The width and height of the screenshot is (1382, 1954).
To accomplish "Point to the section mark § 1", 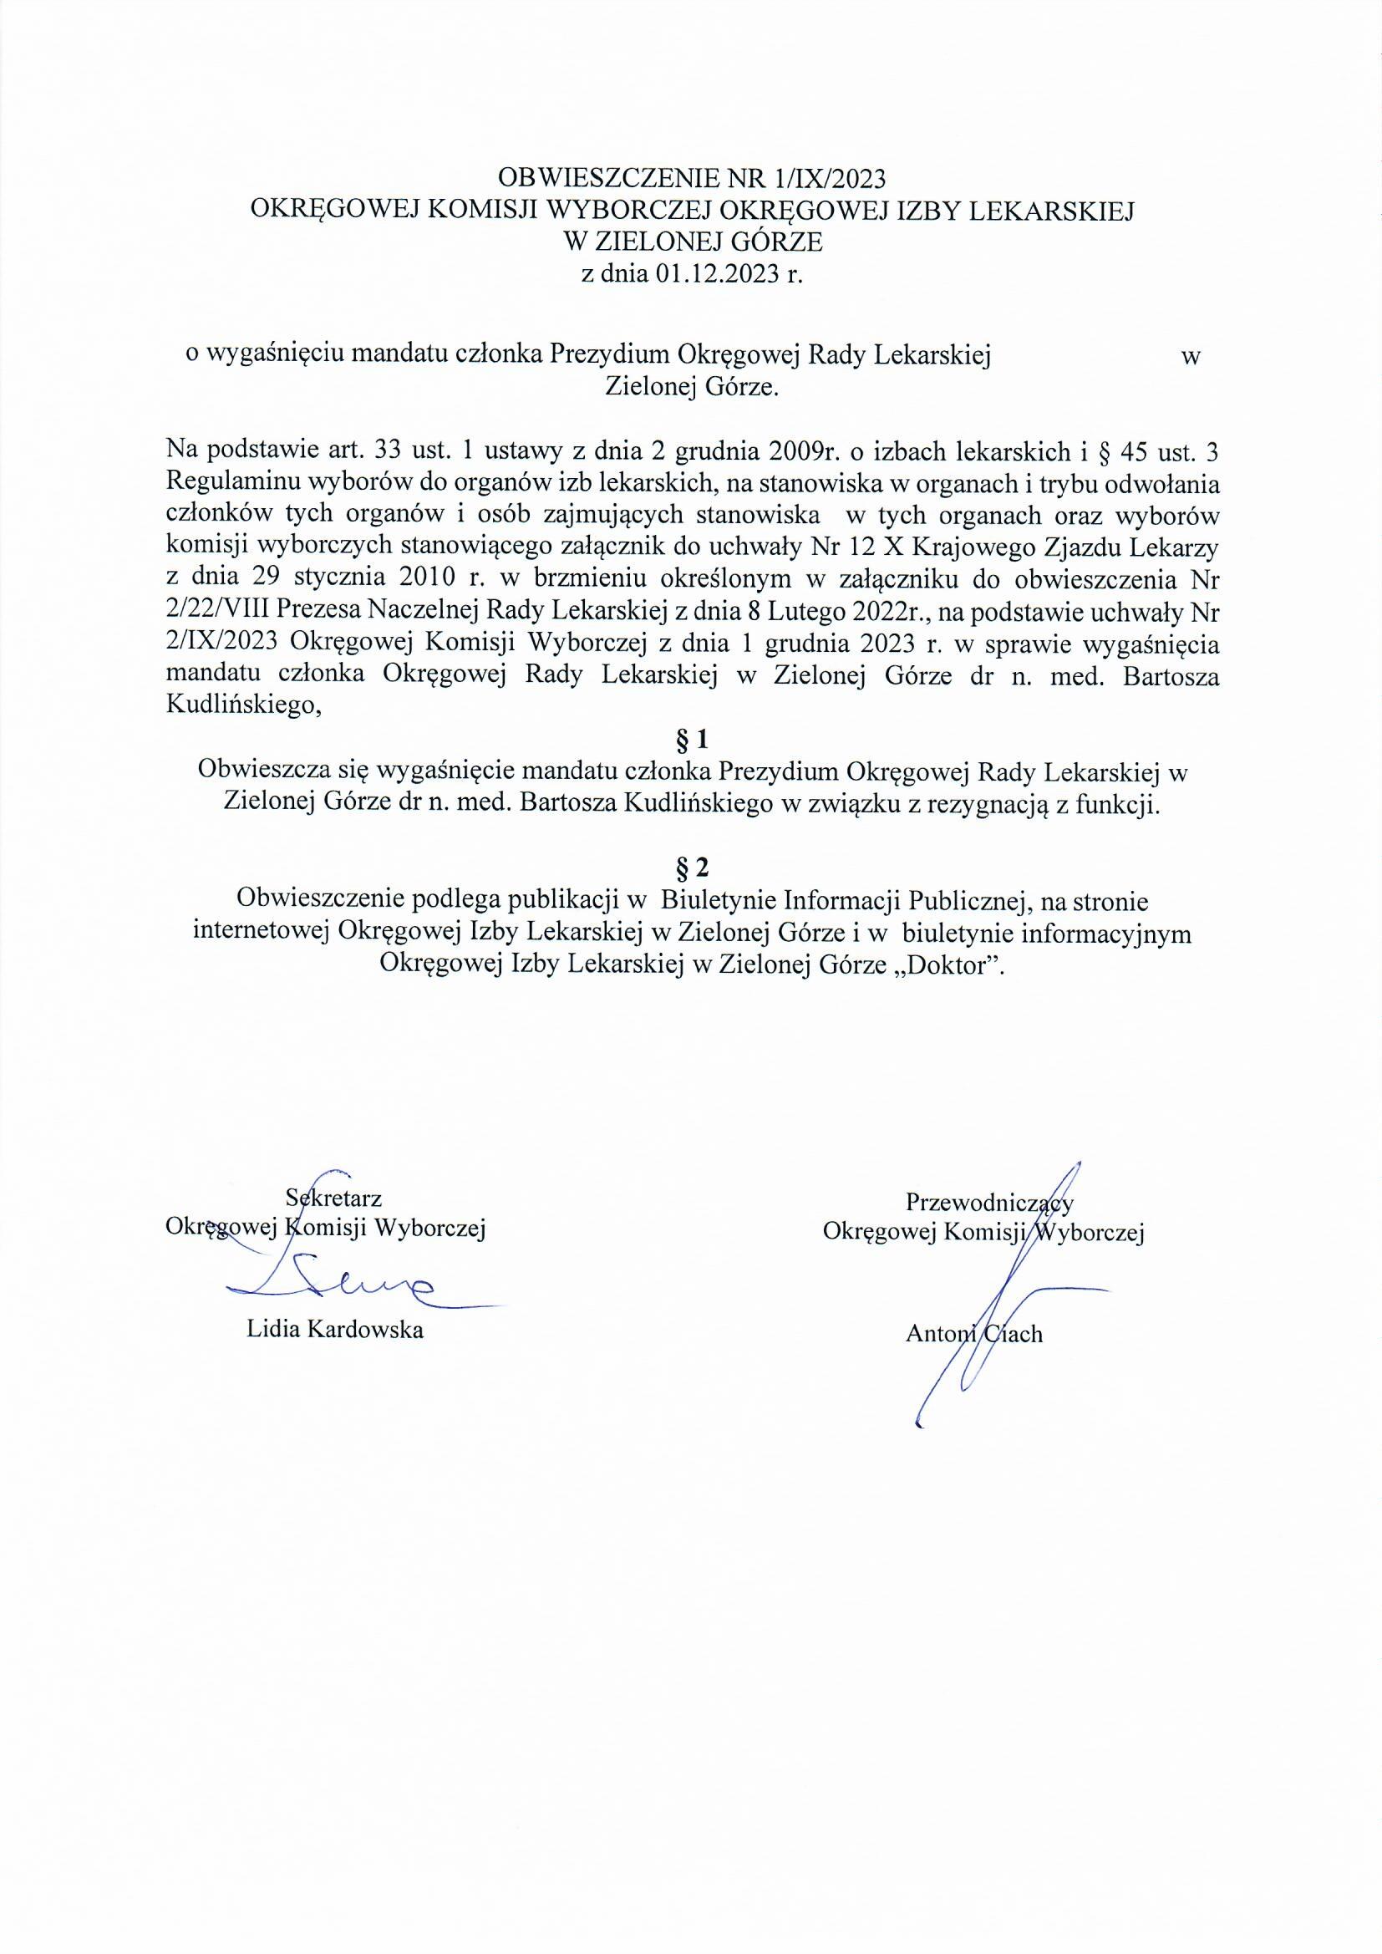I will [x=691, y=739].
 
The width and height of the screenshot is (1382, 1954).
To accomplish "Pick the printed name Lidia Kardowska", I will [x=335, y=1330].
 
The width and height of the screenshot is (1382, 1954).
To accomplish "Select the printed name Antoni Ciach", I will [x=973, y=1334].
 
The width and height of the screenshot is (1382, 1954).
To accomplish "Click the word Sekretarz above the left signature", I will [x=333, y=1198].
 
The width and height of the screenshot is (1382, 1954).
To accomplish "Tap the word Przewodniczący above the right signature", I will [x=988, y=1202].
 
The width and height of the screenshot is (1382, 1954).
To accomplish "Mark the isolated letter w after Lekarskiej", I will [x=1191, y=358].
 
